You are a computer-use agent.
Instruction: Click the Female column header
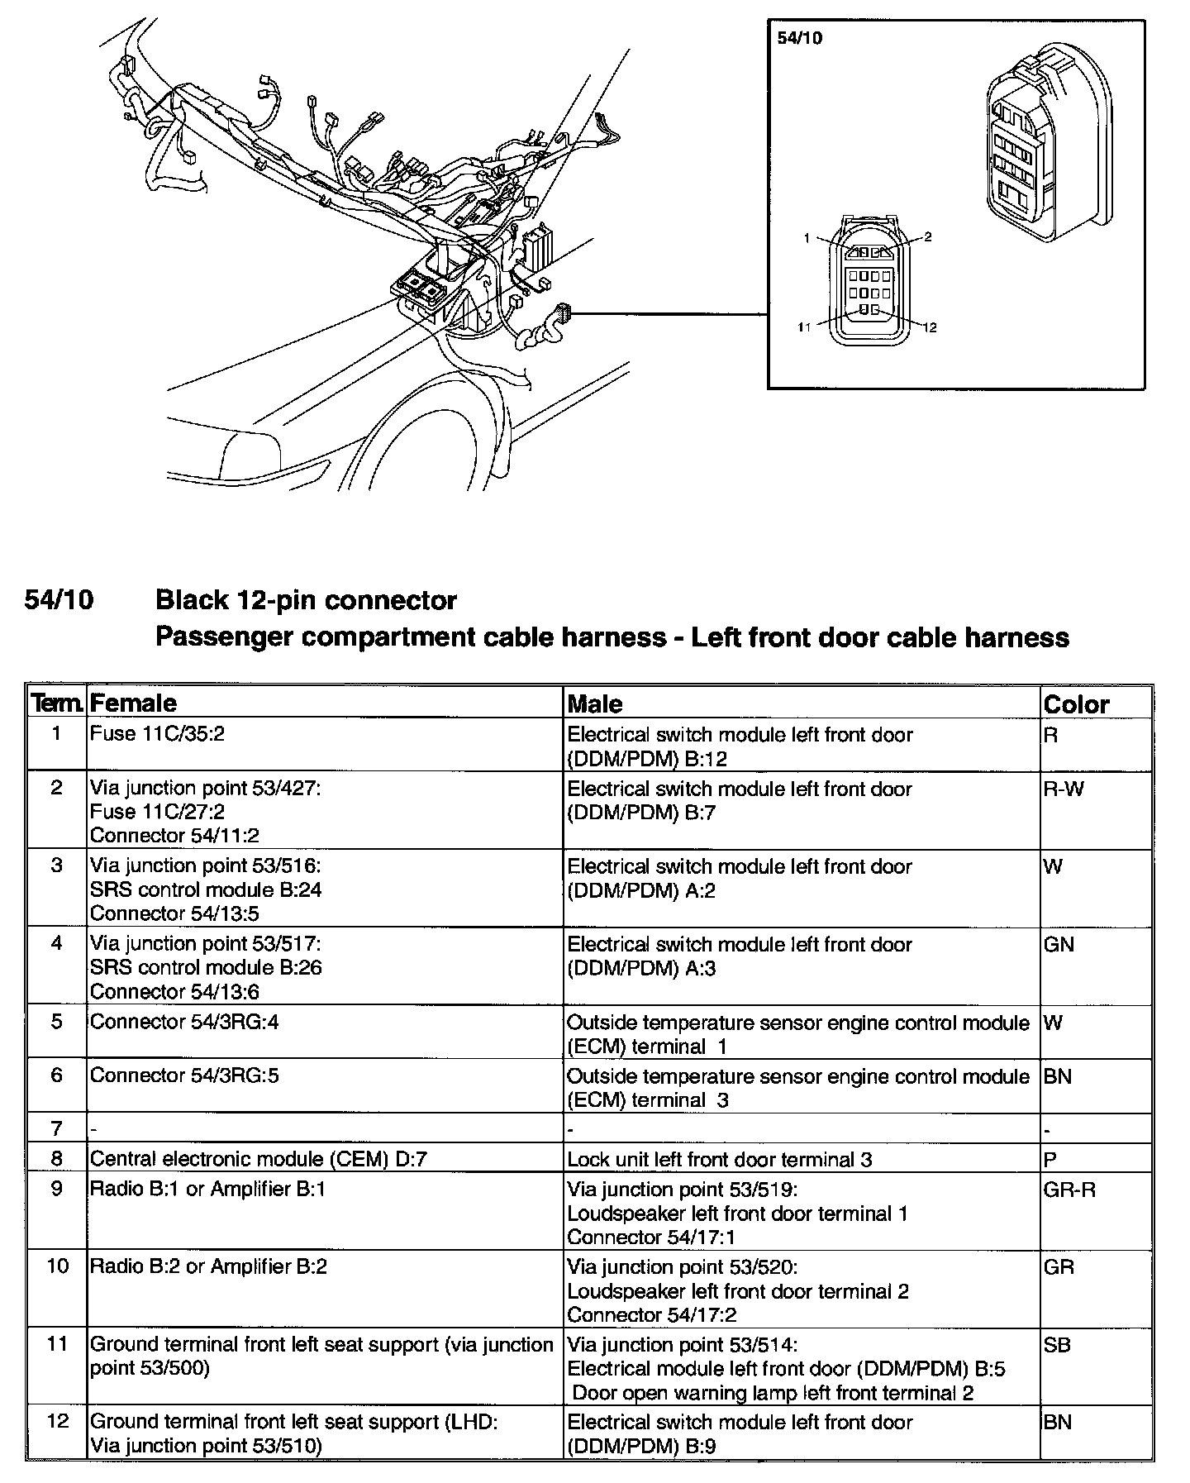pyautogui.click(x=133, y=703)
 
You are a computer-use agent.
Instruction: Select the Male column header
pyautogui.click(x=595, y=703)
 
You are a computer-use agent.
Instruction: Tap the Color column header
pyautogui.click(x=1076, y=704)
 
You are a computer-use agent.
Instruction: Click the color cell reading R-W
pyautogui.click(x=1064, y=788)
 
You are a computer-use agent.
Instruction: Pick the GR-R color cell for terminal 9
pyautogui.click(x=1069, y=1189)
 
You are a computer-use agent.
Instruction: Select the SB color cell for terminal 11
pyautogui.click(x=1058, y=1345)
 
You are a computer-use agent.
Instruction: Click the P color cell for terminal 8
pyautogui.click(x=1050, y=1159)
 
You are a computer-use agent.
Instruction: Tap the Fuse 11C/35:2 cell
pyautogui.click(x=157, y=734)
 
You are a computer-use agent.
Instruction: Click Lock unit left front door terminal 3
pyautogui.click(x=719, y=1159)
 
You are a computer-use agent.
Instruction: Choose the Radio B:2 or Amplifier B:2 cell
pyautogui.click(x=208, y=1266)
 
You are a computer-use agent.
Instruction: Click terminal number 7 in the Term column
pyautogui.click(x=56, y=1128)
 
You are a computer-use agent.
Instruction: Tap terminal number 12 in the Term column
pyautogui.click(x=57, y=1422)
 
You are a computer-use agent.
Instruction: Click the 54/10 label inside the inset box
pyautogui.click(x=800, y=38)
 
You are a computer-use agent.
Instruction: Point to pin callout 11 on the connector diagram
pyautogui.click(x=805, y=327)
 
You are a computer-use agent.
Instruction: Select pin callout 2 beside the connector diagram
pyautogui.click(x=928, y=237)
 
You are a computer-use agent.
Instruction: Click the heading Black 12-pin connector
pyautogui.click(x=306, y=599)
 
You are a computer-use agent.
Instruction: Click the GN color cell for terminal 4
pyautogui.click(x=1059, y=945)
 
